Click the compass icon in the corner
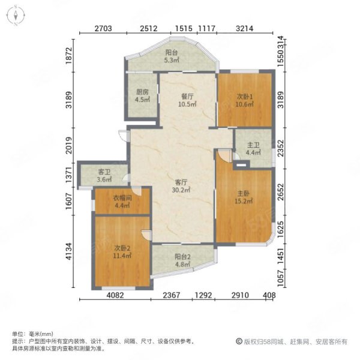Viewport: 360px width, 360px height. [x=16, y=16]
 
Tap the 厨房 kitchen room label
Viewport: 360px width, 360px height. [x=142, y=96]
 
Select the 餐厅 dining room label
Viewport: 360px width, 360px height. [x=187, y=100]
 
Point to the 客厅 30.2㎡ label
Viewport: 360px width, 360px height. [x=181, y=186]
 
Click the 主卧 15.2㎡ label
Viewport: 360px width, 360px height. [x=244, y=197]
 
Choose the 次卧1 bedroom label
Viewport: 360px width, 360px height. [x=245, y=100]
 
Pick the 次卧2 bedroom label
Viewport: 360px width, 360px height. [x=122, y=251]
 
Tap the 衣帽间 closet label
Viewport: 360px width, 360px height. [x=122, y=202]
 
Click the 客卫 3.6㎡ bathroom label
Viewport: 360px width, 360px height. [x=104, y=176]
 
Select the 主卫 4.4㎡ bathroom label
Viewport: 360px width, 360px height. [x=253, y=149]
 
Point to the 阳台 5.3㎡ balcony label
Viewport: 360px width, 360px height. [x=172, y=56]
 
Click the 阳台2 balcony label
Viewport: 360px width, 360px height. [x=183, y=260]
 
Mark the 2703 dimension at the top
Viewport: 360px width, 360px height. [x=103, y=28]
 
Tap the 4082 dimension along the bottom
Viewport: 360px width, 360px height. [x=115, y=295]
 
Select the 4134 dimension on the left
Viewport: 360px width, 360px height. [x=68, y=251]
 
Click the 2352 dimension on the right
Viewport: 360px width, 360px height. [x=281, y=148]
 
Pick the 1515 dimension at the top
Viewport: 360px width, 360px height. [x=184, y=28]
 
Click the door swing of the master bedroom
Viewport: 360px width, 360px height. [x=224, y=155]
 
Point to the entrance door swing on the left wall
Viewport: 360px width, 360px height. [x=122, y=136]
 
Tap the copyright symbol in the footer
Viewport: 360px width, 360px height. [x=239, y=341]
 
